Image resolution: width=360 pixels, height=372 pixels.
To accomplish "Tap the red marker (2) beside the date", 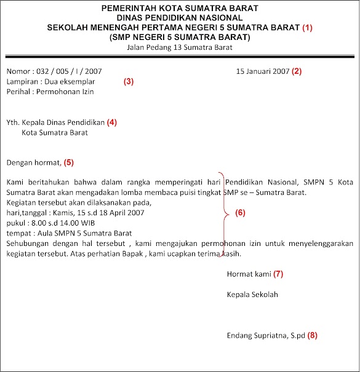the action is click(297, 71).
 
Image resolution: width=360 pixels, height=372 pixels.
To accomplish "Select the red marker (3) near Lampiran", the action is click(129, 81).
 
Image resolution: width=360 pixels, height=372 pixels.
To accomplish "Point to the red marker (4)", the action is click(111, 122).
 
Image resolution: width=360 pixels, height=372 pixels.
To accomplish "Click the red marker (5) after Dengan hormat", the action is click(69, 163).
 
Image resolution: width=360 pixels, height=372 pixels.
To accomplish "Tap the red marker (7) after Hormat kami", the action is click(279, 272).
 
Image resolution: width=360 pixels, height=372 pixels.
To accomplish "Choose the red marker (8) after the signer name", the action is click(313, 336).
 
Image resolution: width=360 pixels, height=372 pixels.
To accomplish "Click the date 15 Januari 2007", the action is click(263, 71).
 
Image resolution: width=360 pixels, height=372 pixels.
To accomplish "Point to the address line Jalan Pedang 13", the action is click(180, 47).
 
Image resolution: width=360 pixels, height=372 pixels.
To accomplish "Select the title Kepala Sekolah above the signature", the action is click(252, 295).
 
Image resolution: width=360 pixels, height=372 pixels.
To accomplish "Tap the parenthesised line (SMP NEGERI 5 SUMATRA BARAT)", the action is click(180, 38).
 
